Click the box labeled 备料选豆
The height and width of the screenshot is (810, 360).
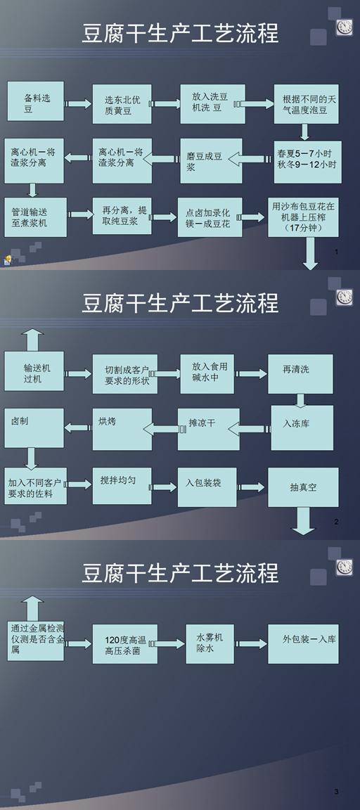point(36,101)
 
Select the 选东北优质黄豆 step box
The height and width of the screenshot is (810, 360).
point(122,104)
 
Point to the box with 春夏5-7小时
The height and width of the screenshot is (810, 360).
point(307,162)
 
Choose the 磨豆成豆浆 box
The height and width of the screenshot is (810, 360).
point(211,160)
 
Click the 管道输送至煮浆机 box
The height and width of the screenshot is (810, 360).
point(36,217)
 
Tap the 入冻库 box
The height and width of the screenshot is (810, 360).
point(302,427)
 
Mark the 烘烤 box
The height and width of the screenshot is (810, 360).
point(122,429)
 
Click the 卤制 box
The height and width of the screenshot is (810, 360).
point(34,427)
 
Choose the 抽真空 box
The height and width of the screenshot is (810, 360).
point(303,487)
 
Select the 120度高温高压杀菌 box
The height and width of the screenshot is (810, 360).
point(125,643)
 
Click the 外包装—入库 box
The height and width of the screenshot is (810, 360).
point(303,643)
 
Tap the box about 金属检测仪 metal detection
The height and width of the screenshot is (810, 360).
point(36,641)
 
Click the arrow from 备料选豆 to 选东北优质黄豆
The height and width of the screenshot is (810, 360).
point(79,104)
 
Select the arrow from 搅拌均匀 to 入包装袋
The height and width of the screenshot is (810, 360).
point(165,487)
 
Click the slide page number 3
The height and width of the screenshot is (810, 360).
point(336,792)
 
